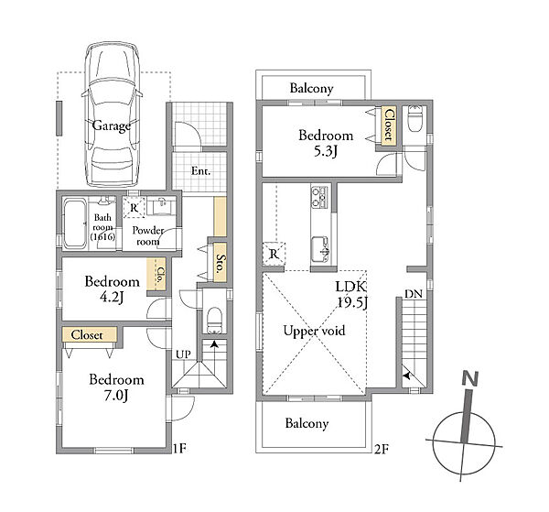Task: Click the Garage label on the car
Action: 112,125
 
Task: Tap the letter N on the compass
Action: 470,379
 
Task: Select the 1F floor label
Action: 179,448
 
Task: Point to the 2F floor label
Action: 382,449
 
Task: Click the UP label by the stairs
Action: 183,354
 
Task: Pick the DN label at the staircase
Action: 414,294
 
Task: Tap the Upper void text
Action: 314,331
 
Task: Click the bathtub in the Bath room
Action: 74,223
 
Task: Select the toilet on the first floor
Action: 214,320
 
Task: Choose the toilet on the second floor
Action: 415,118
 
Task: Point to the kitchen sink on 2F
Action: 320,249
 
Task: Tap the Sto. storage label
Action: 220,263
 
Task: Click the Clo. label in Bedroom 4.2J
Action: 160,276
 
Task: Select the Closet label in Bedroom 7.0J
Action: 87,335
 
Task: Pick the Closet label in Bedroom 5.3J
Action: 389,125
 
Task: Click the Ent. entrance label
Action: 200,171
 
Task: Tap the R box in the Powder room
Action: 134,208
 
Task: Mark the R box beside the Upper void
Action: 274,253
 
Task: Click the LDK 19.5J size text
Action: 351,295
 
